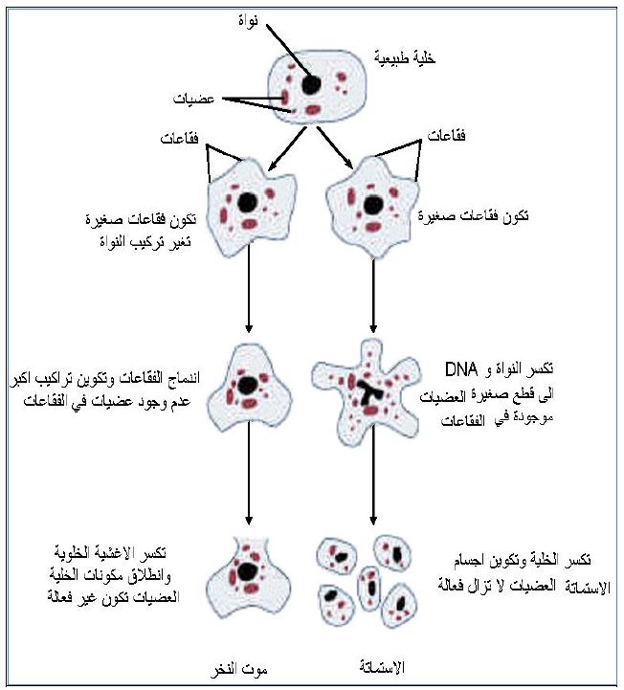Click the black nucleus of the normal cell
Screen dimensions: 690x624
[x=311, y=84]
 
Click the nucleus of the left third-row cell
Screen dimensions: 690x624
[x=250, y=385]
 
